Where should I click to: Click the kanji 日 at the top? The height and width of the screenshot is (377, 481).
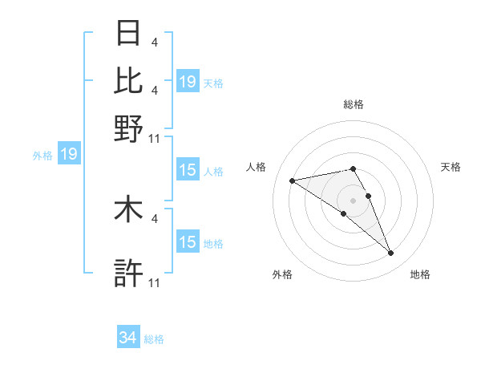pos(129,34)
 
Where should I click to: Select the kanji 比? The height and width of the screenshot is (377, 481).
pos(129,81)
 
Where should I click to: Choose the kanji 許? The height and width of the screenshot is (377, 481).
pos(129,274)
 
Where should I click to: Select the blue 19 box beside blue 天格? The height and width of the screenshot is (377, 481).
pos(188,81)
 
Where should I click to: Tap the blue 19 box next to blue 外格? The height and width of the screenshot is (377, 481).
pos(69,154)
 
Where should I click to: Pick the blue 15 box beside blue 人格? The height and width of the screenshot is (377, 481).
pos(188,170)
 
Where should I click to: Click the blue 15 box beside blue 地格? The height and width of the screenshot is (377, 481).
pos(188,242)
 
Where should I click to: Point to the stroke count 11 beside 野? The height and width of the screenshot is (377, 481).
pos(155,138)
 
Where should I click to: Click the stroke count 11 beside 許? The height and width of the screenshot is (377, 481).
pos(155,282)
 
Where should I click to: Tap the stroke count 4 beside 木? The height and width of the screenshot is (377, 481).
pos(154,217)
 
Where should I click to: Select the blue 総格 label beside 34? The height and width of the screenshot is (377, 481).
pos(154,339)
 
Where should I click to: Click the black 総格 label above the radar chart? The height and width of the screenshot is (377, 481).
pos(354,104)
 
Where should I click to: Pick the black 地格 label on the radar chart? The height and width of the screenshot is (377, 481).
pos(420,274)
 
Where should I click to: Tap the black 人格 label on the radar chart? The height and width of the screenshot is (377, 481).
pos(257,166)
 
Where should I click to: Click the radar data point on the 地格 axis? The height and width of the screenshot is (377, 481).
pos(391,253)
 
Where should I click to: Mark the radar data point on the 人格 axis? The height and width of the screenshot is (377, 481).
pos(292,180)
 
